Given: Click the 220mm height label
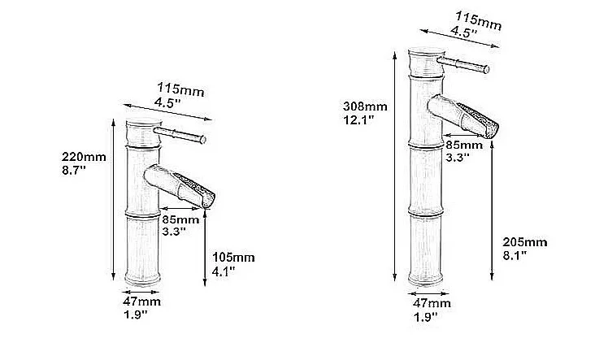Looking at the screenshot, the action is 84,157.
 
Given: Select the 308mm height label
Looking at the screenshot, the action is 365,106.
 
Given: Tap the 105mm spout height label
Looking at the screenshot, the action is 233,257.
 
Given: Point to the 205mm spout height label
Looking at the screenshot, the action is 525,242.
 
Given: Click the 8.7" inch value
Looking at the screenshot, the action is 74,170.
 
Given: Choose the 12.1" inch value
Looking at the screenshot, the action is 358,119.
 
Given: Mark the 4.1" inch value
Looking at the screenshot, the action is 224,271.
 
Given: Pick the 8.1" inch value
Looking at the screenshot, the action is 515,256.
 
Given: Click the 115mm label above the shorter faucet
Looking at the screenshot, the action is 180,89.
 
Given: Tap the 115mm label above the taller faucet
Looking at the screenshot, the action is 479,20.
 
